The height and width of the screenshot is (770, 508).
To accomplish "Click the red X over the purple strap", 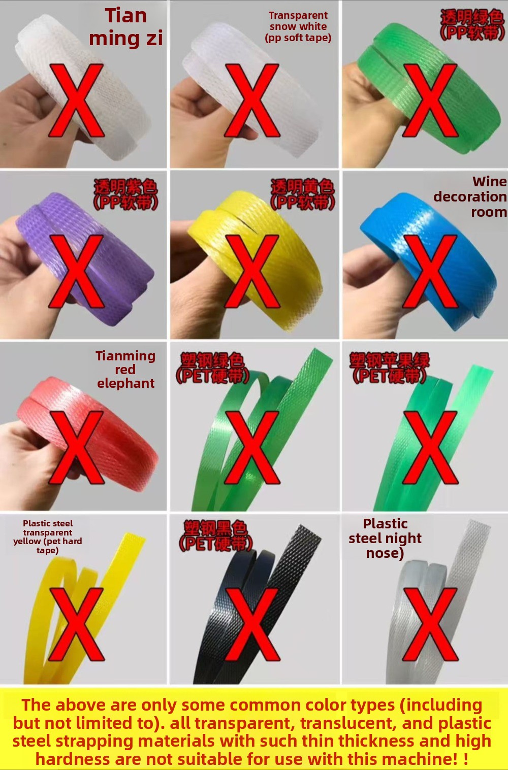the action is (76, 271).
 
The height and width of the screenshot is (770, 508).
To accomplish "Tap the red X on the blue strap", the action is (430, 271).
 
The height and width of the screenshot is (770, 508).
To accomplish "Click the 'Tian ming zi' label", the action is (125, 27).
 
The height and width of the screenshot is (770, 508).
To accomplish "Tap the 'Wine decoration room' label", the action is (470, 196).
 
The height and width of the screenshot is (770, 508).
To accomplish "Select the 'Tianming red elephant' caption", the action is (125, 370).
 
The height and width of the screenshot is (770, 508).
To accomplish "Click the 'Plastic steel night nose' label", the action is (385, 539).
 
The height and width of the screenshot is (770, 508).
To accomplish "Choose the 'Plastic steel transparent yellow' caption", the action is (48, 537).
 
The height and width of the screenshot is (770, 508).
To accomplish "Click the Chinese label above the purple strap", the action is (125, 194).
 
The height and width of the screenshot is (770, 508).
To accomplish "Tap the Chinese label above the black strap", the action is (216, 536).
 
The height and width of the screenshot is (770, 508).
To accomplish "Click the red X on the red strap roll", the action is (76, 447).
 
